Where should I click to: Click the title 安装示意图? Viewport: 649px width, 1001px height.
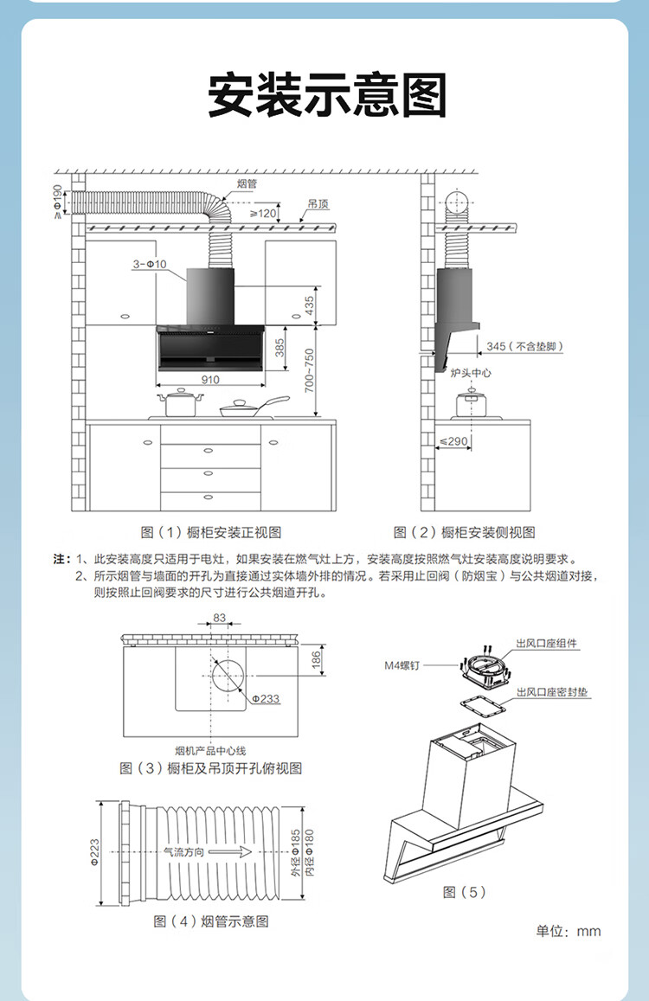point(327,94)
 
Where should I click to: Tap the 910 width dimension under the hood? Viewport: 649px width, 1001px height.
point(210,379)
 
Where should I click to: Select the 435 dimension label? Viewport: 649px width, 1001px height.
point(309,305)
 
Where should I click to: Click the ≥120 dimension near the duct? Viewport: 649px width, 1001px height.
point(263,213)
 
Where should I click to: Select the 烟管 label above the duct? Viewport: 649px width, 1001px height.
point(246,183)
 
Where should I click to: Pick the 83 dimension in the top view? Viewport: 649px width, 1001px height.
point(219,617)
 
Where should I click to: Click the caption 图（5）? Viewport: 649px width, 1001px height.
point(465,892)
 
